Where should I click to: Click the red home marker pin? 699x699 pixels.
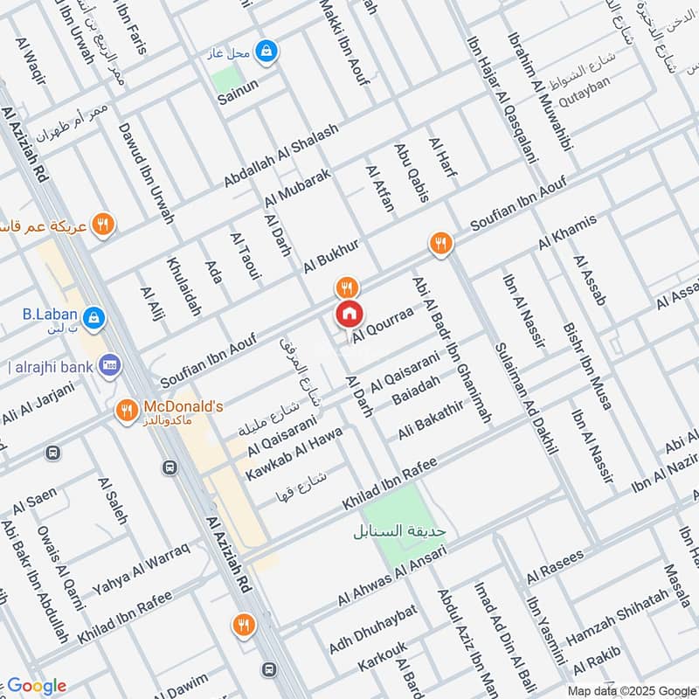click(x=349, y=314)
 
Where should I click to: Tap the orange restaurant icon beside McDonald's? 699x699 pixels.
click(x=127, y=409)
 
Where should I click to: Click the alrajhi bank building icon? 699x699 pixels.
click(x=110, y=363)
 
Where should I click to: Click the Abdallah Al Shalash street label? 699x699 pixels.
click(x=268, y=153)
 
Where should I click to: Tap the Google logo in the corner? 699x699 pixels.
click(x=36, y=686)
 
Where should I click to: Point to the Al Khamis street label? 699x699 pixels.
click(x=568, y=230)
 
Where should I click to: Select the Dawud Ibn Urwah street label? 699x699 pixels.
click(x=146, y=171)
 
